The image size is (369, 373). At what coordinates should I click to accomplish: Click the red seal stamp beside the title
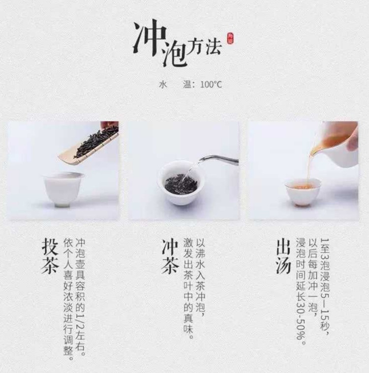(x=230, y=38)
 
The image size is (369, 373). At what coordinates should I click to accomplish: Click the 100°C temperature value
(x=211, y=85)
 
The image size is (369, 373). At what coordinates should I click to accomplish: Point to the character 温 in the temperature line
(x=187, y=84)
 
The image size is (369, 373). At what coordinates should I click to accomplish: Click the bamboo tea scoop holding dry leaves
(x=89, y=145)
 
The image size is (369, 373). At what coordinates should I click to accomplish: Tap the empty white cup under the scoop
(x=64, y=189)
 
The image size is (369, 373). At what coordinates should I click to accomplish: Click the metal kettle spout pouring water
(x=218, y=159)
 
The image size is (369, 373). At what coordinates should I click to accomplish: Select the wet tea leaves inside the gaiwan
(x=181, y=184)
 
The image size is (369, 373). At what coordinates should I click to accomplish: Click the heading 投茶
(x=50, y=256)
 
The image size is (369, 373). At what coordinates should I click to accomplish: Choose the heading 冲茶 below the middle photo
(x=170, y=256)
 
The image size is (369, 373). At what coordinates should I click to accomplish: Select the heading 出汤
(x=283, y=256)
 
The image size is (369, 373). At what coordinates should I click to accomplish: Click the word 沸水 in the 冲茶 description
(x=200, y=260)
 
